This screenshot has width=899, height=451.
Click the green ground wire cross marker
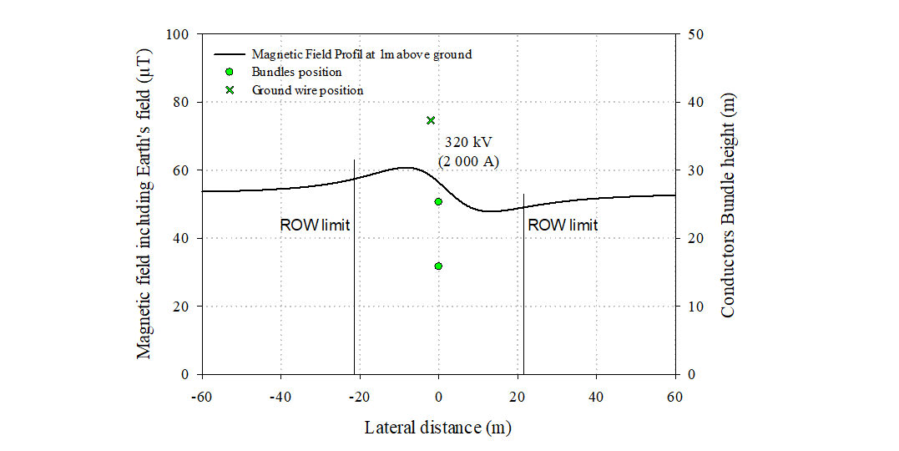tap(431, 120)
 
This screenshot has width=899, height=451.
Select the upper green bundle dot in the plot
tap(438, 201)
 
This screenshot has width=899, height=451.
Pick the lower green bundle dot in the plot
tap(438, 266)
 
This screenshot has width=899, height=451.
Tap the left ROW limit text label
tap(315, 225)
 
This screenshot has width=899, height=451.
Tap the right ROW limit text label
tap(563, 225)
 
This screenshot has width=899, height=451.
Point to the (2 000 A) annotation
tap(468, 161)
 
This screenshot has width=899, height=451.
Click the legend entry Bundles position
tap(296, 72)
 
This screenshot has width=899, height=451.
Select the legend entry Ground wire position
tap(307, 89)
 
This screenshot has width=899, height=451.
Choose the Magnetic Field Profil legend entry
tap(361, 54)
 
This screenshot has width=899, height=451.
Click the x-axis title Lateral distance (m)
tap(438, 428)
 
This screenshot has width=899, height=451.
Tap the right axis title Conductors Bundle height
tap(728, 205)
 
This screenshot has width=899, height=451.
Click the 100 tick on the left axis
tap(179, 34)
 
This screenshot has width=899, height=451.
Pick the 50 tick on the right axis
tap(696, 34)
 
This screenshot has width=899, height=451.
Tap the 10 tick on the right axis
tap(696, 307)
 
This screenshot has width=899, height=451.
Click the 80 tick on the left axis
tap(183, 102)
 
